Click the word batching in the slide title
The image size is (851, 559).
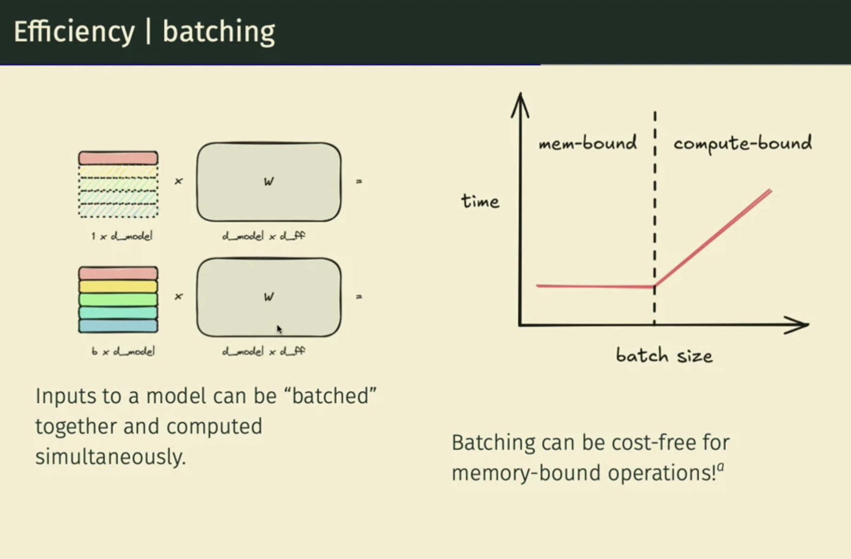(x=218, y=32)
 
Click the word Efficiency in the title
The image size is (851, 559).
(x=74, y=32)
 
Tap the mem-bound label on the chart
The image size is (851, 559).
(x=588, y=143)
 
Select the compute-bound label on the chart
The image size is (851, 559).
(x=742, y=143)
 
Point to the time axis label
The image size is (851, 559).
(x=480, y=201)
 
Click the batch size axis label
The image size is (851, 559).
(x=664, y=356)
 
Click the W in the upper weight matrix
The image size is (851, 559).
(x=268, y=182)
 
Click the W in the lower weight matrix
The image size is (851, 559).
(x=268, y=297)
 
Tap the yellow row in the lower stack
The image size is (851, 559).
(x=118, y=286)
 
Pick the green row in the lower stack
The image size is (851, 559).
(x=118, y=299)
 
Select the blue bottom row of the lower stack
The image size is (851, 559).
(x=118, y=326)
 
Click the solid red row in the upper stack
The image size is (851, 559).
(x=118, y=158)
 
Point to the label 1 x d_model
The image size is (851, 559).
(x=122, y=236)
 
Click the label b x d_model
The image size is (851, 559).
(x=123, y=351)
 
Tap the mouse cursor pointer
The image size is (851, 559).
(x=279, y=329)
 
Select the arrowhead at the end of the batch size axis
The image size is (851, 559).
(x=799, y=325)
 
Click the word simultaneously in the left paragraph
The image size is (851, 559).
(x=111, y=457)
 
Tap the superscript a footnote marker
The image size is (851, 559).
(x=720, y=467)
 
